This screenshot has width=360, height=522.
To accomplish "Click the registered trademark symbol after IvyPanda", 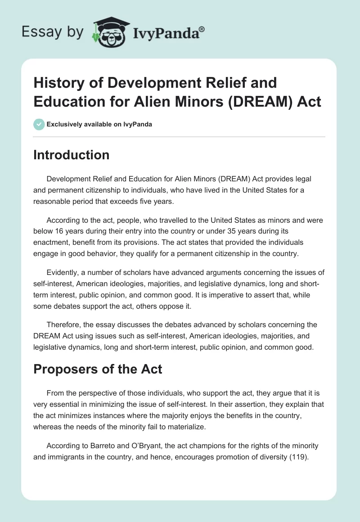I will (x=202, y=29).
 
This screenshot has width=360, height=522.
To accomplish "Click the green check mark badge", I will (x=39, y=124).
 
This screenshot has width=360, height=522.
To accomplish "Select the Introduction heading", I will (x=72, y=155).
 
